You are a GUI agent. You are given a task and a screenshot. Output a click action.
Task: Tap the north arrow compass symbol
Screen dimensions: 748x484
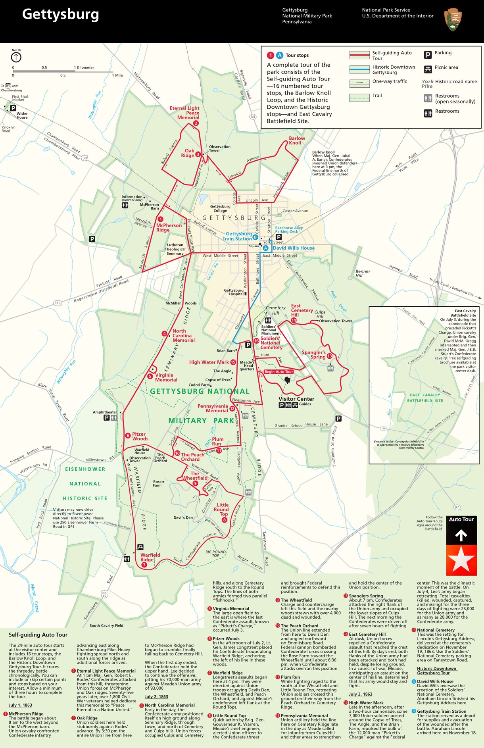point(16,57)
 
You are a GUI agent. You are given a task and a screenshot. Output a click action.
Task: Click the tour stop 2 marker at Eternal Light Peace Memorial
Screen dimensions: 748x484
point(196,123)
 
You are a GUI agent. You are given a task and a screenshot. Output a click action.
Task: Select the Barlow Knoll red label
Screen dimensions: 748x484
point(296,140)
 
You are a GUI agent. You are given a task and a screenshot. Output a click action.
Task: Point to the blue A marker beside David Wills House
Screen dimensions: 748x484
point(266,248)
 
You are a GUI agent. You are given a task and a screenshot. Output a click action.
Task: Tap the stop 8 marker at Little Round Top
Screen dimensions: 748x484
point(225,520)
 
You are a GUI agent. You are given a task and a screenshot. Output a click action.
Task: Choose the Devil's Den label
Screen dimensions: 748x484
point(183,517)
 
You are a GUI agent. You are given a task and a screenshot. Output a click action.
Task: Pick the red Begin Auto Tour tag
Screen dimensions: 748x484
point(279,372)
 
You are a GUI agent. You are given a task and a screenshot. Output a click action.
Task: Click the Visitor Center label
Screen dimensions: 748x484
point(296,399)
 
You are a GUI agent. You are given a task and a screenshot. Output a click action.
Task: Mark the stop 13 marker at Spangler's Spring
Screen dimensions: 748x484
point(329,356)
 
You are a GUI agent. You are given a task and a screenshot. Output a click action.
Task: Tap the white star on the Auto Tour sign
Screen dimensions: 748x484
point(461,560)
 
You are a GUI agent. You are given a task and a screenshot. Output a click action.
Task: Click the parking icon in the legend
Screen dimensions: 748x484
point(428,55)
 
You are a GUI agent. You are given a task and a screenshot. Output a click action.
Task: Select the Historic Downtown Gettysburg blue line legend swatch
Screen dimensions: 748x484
point(359,69)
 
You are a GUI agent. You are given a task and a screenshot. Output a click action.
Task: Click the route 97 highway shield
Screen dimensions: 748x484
point(457,507)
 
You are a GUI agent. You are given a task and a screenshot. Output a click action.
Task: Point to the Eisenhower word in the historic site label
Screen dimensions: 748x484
point(85,469)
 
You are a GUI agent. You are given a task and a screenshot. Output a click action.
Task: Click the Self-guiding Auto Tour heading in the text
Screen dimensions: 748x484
point(38,635)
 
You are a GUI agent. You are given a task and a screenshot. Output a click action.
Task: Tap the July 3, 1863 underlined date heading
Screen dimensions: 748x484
point(360,694)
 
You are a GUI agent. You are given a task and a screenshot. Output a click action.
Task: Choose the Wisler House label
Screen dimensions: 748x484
point(22,115)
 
